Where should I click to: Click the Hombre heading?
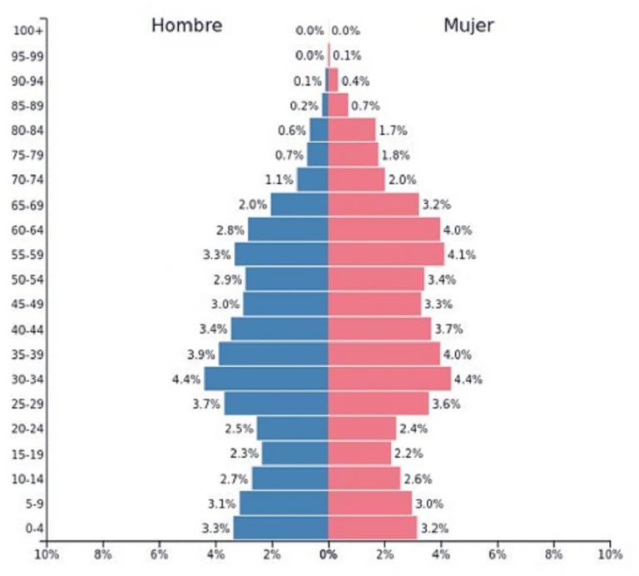[x=186, y=25]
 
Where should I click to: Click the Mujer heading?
[x=468, y=25]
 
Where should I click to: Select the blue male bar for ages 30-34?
[x=266, y=379]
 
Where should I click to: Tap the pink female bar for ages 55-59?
[x=385, y=254]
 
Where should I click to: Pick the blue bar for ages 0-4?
[x=280, y=528]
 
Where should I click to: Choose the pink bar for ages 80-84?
[x=351, y=130]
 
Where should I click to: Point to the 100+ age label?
[x=28, y=31]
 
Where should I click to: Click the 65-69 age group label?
[x=28, y=205]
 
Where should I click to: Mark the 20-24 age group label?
[x=28, y=429]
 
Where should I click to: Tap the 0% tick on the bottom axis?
[x=328, y=554]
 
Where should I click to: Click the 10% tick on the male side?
[x=46, y=554]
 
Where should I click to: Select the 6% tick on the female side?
[x=497, y=554]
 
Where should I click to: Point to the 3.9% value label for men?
[x=201, y=355]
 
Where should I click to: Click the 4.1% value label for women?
[x=462, y=255]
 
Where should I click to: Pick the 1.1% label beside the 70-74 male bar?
[x=279, y=180]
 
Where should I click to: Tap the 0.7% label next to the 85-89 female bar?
[x=365, y=106]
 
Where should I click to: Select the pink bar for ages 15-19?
[x=359, y=453]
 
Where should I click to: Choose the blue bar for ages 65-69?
[x=300, y=205]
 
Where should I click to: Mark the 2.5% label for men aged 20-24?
[x=238, y=429]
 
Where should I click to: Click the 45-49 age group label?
[x=28, y=305]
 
